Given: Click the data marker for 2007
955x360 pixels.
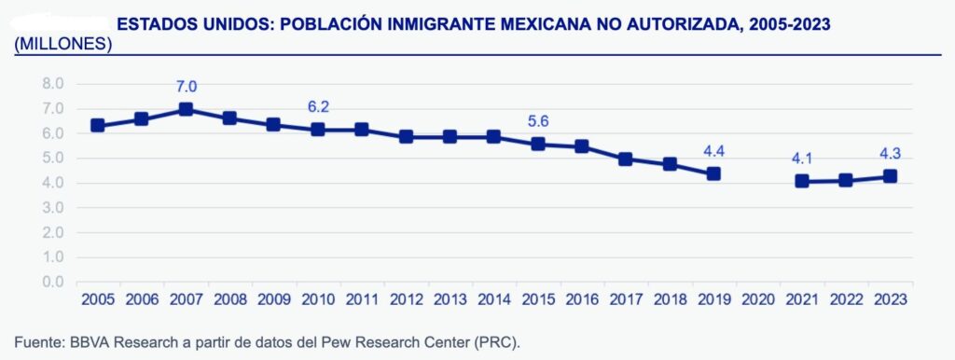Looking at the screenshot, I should click(x=186, y=109).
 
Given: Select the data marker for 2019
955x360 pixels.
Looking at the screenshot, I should click(x=713, y=173).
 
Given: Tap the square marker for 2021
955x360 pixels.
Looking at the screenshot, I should click(x=802, y=181).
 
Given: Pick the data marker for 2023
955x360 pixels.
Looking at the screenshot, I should click(x=890, y=176).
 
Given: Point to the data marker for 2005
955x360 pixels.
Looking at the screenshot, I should click(x=97, y=126).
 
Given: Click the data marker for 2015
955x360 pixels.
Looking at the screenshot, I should click(x=537, y=144).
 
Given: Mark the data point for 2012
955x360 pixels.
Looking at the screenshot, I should click(x=406, y=136).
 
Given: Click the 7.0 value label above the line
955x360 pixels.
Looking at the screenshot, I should click(x=186, y=87).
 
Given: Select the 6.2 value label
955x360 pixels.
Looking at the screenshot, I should click(x=318, y=107).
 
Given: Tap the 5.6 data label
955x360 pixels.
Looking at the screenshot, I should click(x=538, y=122).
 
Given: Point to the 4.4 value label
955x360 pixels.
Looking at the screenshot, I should click(x=713, y=151).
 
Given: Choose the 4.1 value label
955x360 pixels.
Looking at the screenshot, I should click(x=801, y=159).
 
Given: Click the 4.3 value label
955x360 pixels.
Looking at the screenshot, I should click(x=890, y=154).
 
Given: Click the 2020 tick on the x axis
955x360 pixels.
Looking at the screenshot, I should click(x=757, y=298).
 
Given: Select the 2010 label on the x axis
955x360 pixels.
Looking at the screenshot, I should click(x=318, y=298).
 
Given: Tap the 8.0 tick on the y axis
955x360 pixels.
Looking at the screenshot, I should click(x=52, y=84).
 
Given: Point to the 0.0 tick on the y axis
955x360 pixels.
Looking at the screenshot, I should click(x=52, y=281).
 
